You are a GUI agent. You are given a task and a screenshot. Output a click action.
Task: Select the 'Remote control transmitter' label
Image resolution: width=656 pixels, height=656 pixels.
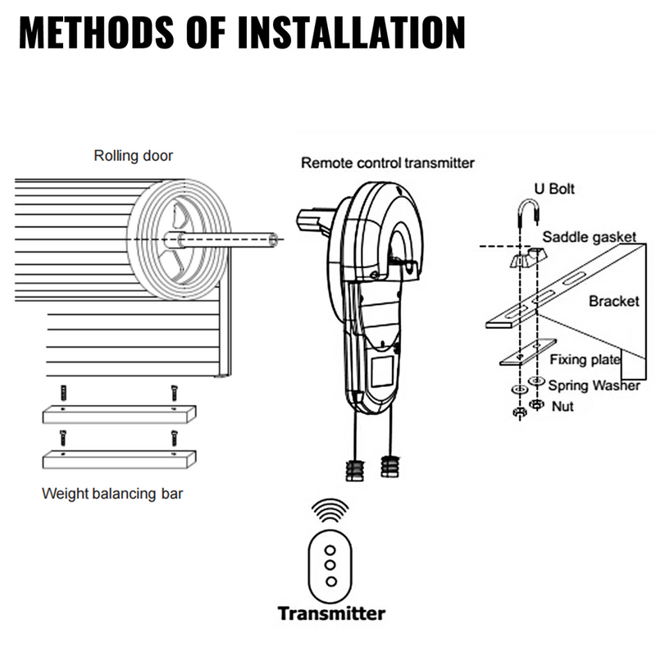coord(388,162)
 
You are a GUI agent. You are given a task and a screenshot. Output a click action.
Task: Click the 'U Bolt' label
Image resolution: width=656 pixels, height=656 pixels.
coord(555,189)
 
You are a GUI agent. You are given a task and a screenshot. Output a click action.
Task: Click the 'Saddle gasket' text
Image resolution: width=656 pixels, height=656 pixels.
coord(589,238)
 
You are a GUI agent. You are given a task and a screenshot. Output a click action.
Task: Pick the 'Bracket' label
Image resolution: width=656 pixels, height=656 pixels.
coord(613,301)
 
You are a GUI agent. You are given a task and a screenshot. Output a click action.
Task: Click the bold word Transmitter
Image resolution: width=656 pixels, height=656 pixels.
coord(330,613)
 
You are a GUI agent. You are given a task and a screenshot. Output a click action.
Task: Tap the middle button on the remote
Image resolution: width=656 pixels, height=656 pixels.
coord(330,565)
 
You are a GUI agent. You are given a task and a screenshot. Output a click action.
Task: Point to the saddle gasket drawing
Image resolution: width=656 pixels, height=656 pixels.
coord(524,257)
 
